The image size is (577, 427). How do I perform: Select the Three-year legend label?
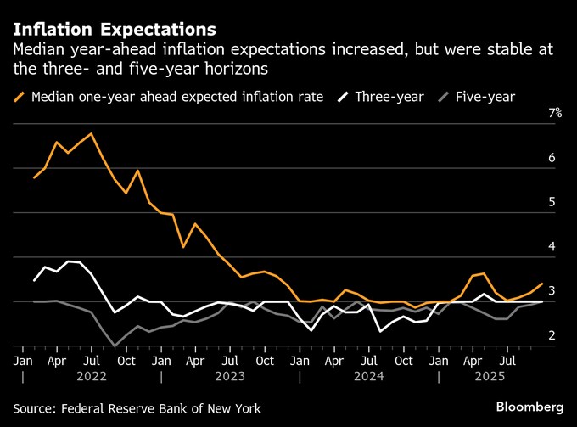click(389, 97)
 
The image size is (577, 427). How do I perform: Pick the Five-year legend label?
click(485, 97)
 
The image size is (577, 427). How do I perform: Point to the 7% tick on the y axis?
click(555, 114)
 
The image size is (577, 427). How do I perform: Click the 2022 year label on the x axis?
click(92, 375)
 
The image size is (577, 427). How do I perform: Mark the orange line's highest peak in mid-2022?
click(90, 134)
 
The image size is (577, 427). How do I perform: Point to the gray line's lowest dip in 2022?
click(114, 346)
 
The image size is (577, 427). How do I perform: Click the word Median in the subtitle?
click(39, 51)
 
